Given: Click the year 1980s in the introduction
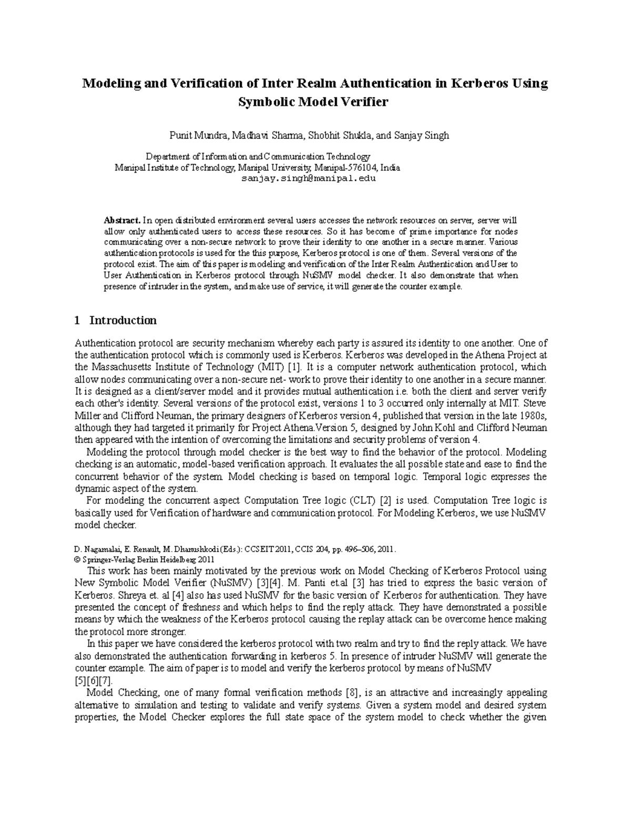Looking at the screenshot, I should tap(532, 415).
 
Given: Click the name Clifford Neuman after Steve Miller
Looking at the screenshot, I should tap(124, 415).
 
